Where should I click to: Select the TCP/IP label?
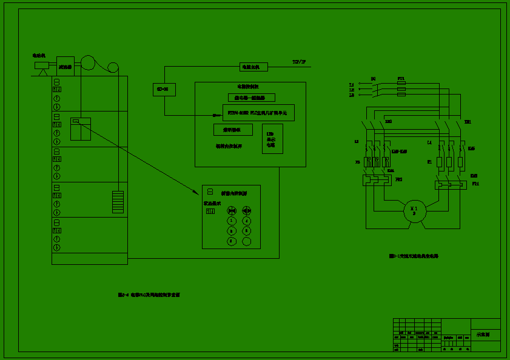click(x=299, y=62)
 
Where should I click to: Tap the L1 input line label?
click(x=351, y=85)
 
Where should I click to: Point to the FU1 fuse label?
click(x=400, y=79)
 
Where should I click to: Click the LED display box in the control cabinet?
click(x=271, y=139)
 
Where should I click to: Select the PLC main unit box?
click(x=260, y=113)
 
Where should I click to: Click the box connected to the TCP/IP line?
click(x=249, y=67)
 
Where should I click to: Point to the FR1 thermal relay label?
click(x=475, y=183)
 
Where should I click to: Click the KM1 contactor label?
click(x=468, y=122)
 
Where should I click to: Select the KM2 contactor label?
click(x=388, y=122)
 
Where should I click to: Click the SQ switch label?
click(x=373, y=79)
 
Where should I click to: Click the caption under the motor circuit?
click(x=414, y=256)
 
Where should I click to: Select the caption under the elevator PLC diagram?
click(x=149, y=295)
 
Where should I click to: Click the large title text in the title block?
click(x=483, y=335)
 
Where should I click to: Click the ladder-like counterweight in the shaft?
click(x=118, y=202)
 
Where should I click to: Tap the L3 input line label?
click(x=351, y=95)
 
